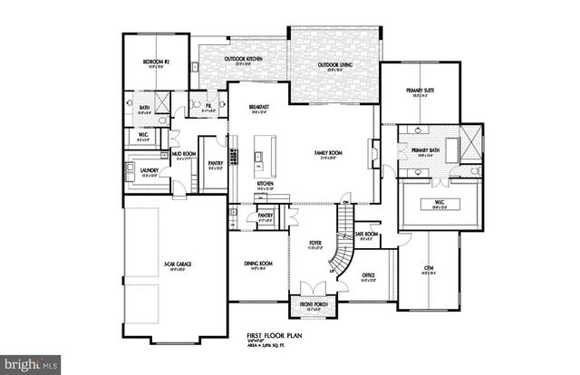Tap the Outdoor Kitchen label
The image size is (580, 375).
(243, 62)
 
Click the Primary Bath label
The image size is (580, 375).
(426, 150)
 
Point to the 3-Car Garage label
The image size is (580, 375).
(176, 265)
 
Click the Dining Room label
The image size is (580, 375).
(258, 264)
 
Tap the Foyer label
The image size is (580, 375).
(315, 242)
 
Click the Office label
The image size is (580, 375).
(368, 275)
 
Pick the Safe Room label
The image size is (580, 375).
(365, 235)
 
